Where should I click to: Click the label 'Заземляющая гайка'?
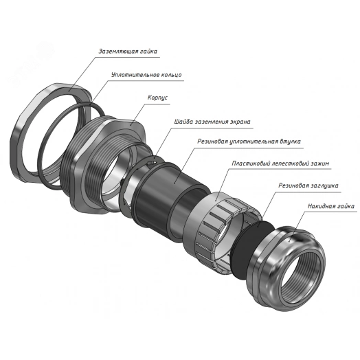(x=128, y=51)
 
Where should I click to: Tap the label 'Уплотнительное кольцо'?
(x=146, y=75)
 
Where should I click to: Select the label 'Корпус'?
(x=157, y=98)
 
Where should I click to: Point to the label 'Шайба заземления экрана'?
(x=212, y=122)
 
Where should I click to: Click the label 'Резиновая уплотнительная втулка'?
(x=249, y=142)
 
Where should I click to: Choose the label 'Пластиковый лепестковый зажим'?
(x=280, y=164)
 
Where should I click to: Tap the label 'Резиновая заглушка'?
(x=308, y=185)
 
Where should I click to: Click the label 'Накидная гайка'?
(x=331, y=206)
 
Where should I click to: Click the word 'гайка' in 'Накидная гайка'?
(x=346, y=206)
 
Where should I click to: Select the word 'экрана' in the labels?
(x=240, y=122)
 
